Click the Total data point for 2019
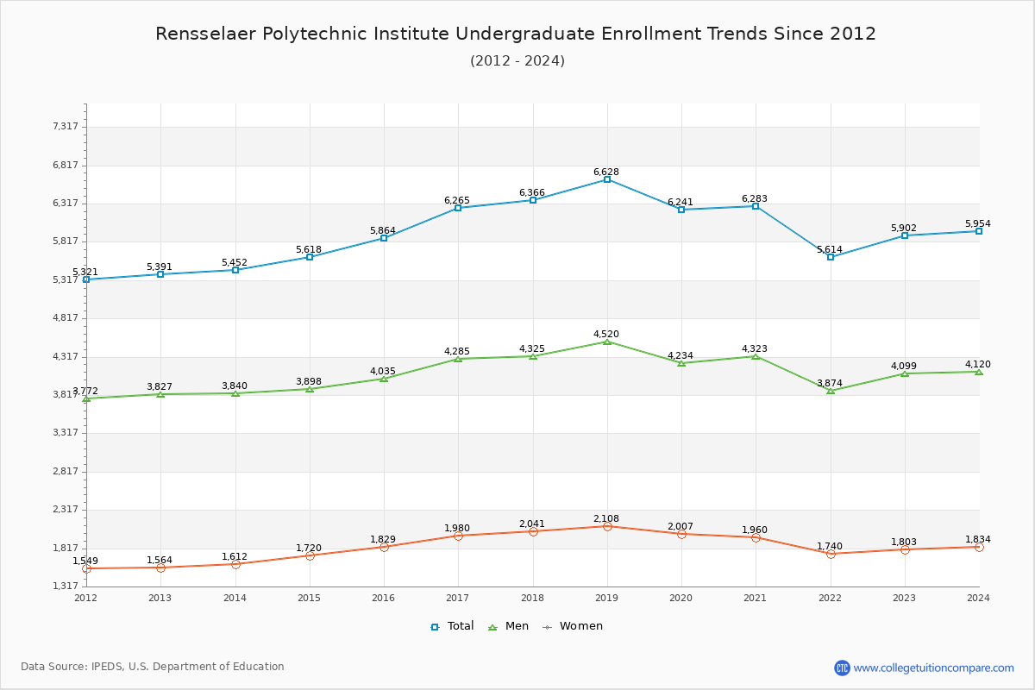click(607, 179)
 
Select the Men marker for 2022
click(831, 391)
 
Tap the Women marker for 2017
click(458, 536)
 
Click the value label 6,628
click(606, 172)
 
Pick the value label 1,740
click(830, 546)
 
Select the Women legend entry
click(573, 626)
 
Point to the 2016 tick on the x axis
click(384, 597)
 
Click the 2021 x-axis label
click(756, 597)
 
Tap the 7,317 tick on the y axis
click(66, 126)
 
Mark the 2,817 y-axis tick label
click(66, 471)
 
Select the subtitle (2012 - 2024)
click(517, 60)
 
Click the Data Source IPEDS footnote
click(153, 667)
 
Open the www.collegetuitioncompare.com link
click(934, 668)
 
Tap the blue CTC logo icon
click(842, 668)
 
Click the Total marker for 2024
click(979, 231)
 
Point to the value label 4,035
click(384, 371)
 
